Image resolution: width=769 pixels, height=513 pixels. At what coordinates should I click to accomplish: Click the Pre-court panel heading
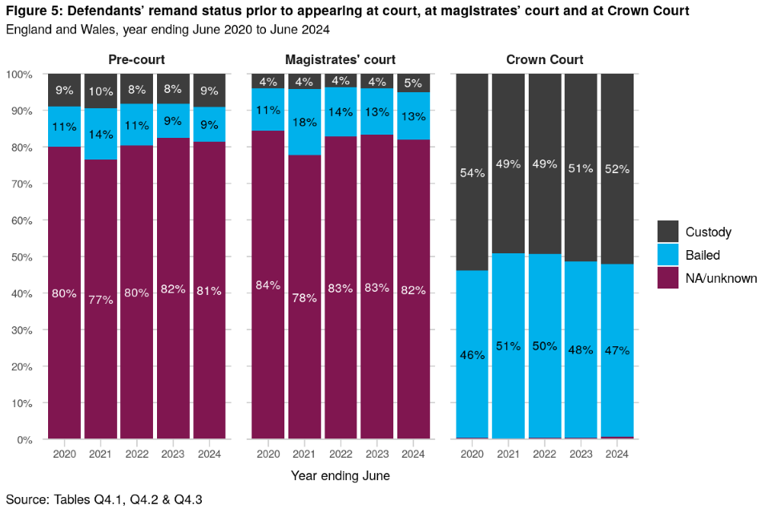(x=131, y=59)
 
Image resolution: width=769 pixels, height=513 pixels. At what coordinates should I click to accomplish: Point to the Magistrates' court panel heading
(x=340, y=59)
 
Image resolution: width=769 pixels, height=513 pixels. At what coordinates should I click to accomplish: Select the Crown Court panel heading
(x=545, y=59)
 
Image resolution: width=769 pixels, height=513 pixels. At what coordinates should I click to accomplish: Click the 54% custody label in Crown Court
(x=472, y=173)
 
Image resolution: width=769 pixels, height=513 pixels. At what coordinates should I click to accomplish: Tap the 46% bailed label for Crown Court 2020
(x=472, y=354)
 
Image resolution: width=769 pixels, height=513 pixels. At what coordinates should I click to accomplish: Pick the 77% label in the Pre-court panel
(x=100, y=300)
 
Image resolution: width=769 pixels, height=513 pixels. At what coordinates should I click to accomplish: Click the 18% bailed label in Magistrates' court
(x=304, y=122)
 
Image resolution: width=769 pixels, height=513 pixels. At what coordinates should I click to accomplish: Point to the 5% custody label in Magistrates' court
(x=413, y=83)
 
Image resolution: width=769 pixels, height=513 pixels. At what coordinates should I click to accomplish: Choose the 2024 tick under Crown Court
(x=617, y=454)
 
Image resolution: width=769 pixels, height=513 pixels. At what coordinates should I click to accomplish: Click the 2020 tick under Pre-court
(x=64, y=454)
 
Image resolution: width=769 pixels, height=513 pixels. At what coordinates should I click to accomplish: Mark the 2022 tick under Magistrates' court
(x=340, y=454)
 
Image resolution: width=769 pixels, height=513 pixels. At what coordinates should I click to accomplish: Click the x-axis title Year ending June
(x=340, y=475)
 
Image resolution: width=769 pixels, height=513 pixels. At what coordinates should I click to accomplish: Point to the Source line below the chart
(x=104, y=499)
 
